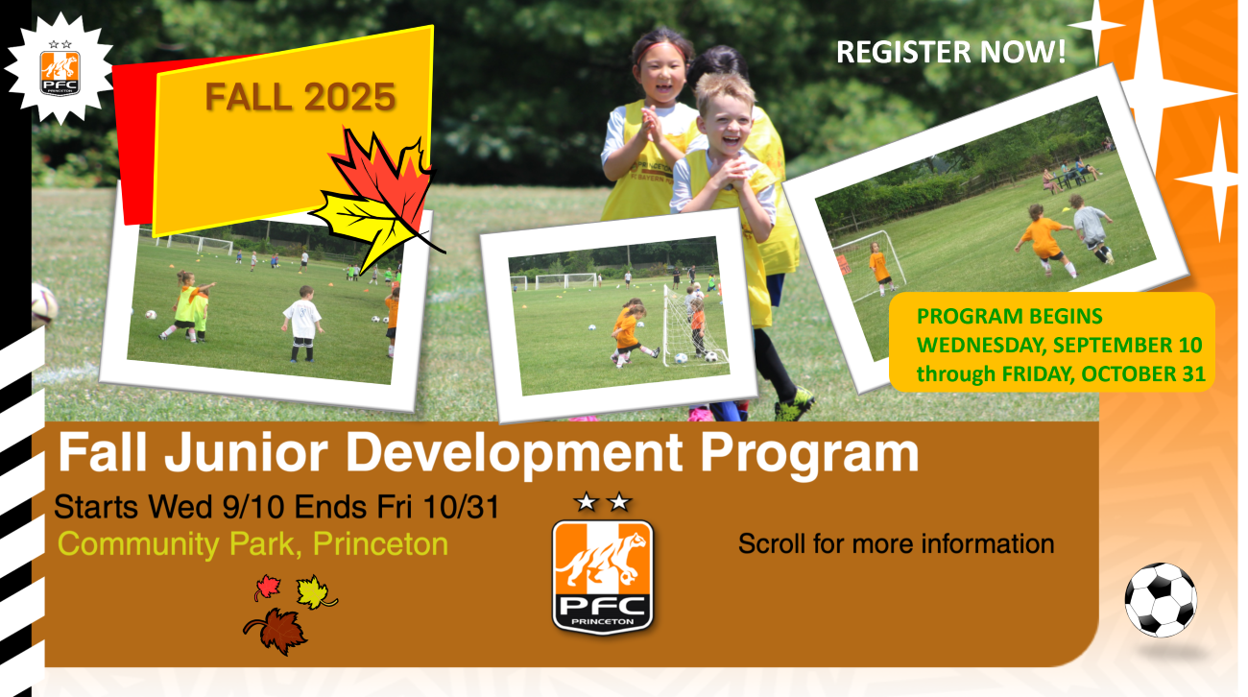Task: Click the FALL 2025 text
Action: [x=300, y=97]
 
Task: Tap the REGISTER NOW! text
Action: [x=951, y=52]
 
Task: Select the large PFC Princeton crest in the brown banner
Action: [x=602, y=577]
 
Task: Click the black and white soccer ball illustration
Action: [x=1161, y=599]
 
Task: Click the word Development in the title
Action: [x=515, y=453]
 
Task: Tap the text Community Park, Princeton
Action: [x=252, y=544]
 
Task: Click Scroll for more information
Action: [x=896, y=543]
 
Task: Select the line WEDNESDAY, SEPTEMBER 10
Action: [x=1059, y=346]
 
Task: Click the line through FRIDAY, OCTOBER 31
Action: [x=1061, y=373]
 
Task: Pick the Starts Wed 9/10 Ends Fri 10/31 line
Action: [x=276, y=507]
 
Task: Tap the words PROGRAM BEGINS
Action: [x=1009, y=317]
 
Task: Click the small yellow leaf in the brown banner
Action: [x=315, y=591]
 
